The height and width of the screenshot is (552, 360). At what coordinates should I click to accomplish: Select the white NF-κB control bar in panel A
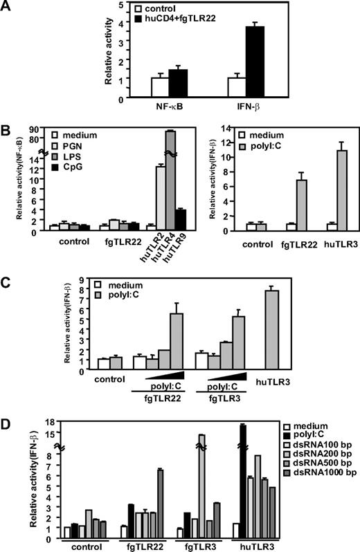pos(160,87)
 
